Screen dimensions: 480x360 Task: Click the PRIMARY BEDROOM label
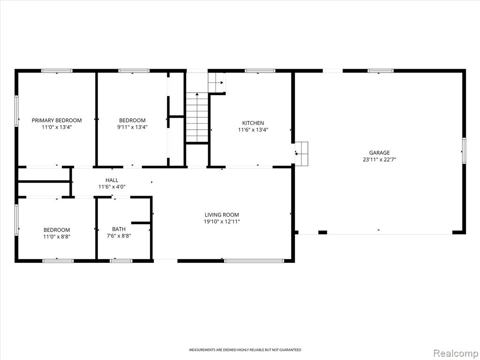pyautogui.click(x=57, y=120)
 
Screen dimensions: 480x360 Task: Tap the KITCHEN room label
pyautogui.click(x=253, y=123)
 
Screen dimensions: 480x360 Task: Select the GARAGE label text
pyautogui.click(x=379, y=153)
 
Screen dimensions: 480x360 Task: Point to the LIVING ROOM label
pyautogui.click(x=222, y=215)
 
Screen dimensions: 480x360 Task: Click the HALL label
pyautogui.click(x=112, y=180)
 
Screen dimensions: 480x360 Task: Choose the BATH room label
pyautogui.click(x=119, y=229)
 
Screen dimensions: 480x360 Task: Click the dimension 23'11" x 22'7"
pyautogui.click(x=379, y=159)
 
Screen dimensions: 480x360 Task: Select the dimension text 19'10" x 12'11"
pyautogui.click(x=222, y=222)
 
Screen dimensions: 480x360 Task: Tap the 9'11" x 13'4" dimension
pyautogui.click(x=133, y=127)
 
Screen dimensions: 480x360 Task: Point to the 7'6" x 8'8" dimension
pyautogui.click(x=119, y=236)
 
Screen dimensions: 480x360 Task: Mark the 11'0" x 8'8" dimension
pyautogui.click(x=57, y=236)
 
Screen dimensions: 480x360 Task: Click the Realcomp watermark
pyautogui.click(x=455, y=353)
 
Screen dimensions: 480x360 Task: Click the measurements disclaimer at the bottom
pyautogui.click(x=245, y=350)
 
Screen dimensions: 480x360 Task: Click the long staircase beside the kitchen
pyautogui.click(x=197, y=117)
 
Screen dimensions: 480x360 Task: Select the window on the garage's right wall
pyautogui.click(x=464, y=150)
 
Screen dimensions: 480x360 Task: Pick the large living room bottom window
pyautogui.click(x=254, y=261)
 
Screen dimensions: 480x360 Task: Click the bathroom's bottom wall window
pyautogui.click(x=121, y=261)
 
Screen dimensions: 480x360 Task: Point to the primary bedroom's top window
pyautogui.click(x=57, y=71)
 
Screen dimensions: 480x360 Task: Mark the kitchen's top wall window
pyautogui.click(x=260, y=71)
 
